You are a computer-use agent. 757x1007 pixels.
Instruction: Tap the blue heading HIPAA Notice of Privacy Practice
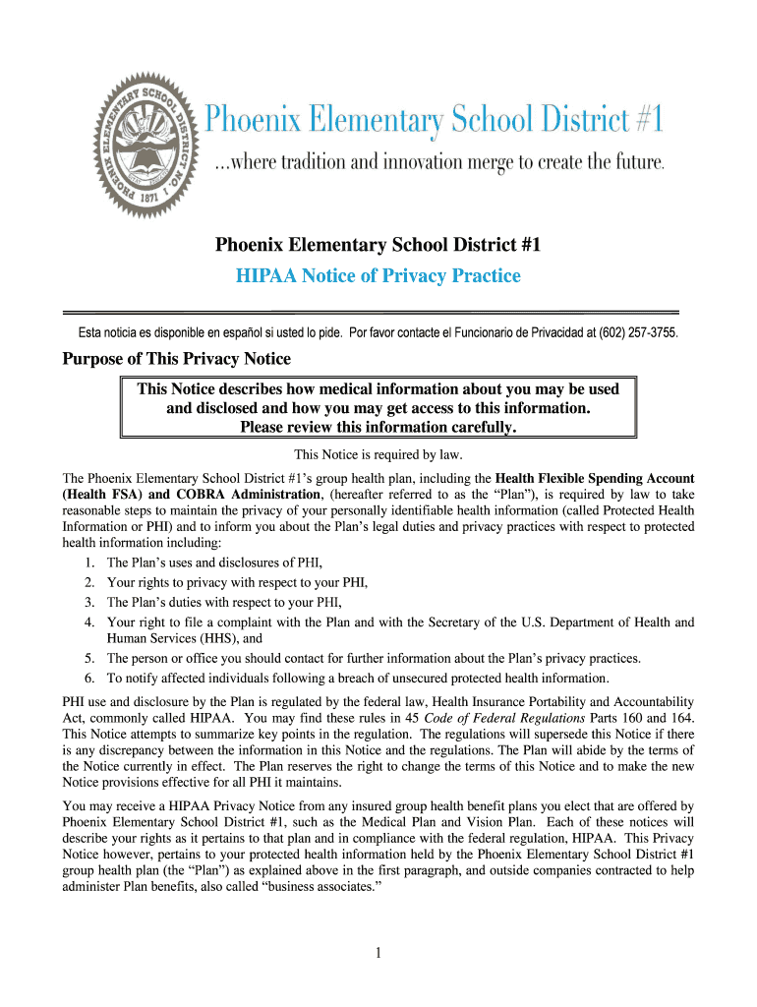pyautogui.click(x=378, y=276)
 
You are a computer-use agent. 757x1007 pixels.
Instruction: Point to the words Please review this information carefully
pyautogui.click(x=378, y=427)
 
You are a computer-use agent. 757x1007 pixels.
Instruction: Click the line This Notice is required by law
pyautogui.click(x=378, y=454)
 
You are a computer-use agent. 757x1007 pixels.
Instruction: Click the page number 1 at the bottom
pyautogui.click(x=378, y=952)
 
